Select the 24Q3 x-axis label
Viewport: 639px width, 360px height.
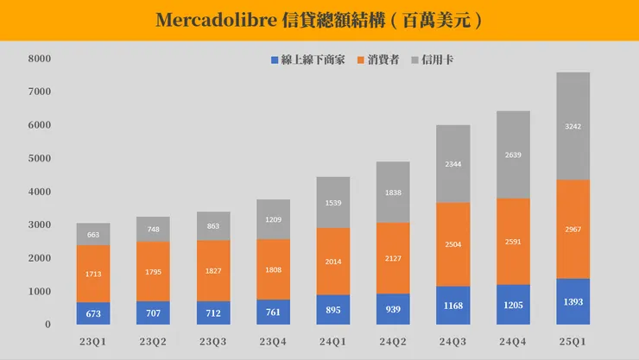click(x=452, y=342)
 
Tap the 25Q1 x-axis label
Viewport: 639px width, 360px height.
click(x=573, y=342)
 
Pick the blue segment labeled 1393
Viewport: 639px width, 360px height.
click(x=573, y=301)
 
